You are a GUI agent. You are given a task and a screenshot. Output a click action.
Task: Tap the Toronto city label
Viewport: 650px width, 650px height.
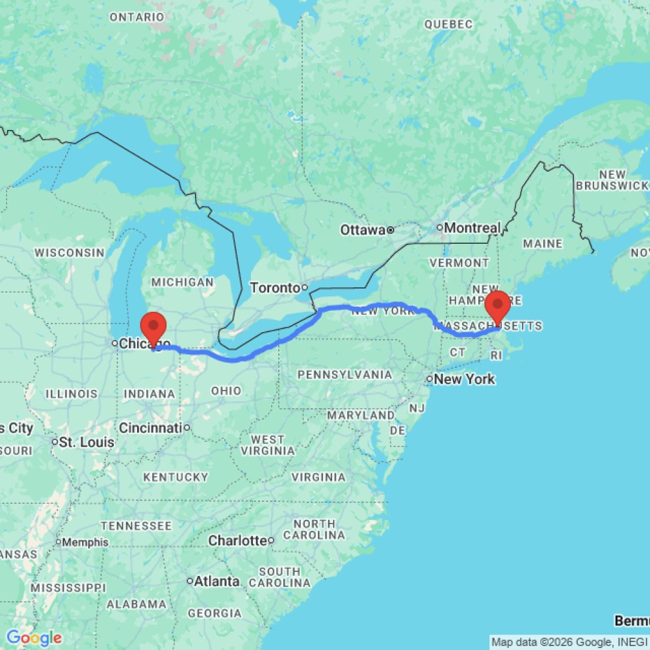coord(275,287)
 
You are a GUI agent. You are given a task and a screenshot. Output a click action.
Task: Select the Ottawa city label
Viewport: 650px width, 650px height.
coord(363,229)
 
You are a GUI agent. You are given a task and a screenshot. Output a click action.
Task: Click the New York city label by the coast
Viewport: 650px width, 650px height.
coord(465,379)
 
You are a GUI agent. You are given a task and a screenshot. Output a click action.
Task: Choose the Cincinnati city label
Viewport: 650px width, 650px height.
coord(149,428)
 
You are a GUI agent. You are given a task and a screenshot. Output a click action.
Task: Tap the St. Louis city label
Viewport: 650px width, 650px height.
coord(86,443)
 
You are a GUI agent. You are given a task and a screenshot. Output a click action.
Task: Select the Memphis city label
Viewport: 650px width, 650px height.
coord(85,542)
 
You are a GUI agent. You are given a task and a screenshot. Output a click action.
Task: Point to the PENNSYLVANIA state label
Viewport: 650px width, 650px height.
coord(344,375)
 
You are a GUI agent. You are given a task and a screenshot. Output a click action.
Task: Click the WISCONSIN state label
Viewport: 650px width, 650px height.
coord(70,252)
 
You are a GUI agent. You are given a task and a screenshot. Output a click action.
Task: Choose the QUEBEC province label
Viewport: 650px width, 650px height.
coord(448,25)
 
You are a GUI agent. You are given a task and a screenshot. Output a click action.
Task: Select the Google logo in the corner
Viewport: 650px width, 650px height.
coord(34,638)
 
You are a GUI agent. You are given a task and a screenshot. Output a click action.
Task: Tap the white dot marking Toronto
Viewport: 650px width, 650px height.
coord(304,287)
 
